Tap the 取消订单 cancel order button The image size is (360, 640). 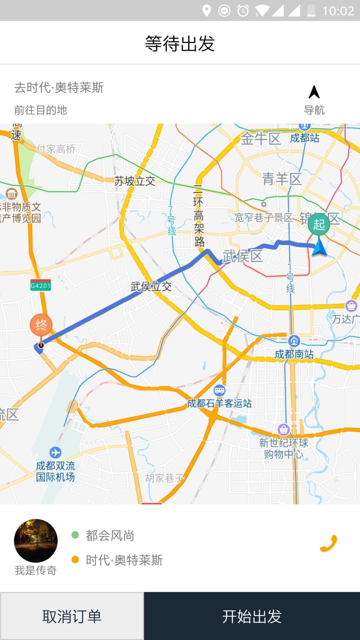pos(72,616)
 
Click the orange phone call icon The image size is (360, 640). pos(328,543)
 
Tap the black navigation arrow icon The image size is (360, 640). pos(314,92)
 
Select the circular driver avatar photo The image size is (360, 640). pos(36,540)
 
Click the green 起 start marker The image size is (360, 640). pos(319,225)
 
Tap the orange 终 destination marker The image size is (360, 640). pos(41,325)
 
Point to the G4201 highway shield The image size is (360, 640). pos(40,286)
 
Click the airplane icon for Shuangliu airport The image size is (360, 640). pos(55,452)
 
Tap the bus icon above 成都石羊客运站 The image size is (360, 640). pos(219,390)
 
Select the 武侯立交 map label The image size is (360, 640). pos(151,287)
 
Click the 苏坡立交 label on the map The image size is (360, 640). pos(135,181)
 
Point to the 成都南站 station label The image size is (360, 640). pos(294,354)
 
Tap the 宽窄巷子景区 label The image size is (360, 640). pos(263,217)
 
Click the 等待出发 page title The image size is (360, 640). pos(180,43)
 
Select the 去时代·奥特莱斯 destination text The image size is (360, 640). pos(59,87)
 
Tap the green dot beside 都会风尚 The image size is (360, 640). pos(75,535)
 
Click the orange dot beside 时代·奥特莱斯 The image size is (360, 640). pos(75,560)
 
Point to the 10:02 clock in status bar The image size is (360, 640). pos(338,10)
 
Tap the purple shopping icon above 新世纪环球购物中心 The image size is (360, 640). pos(284,429)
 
